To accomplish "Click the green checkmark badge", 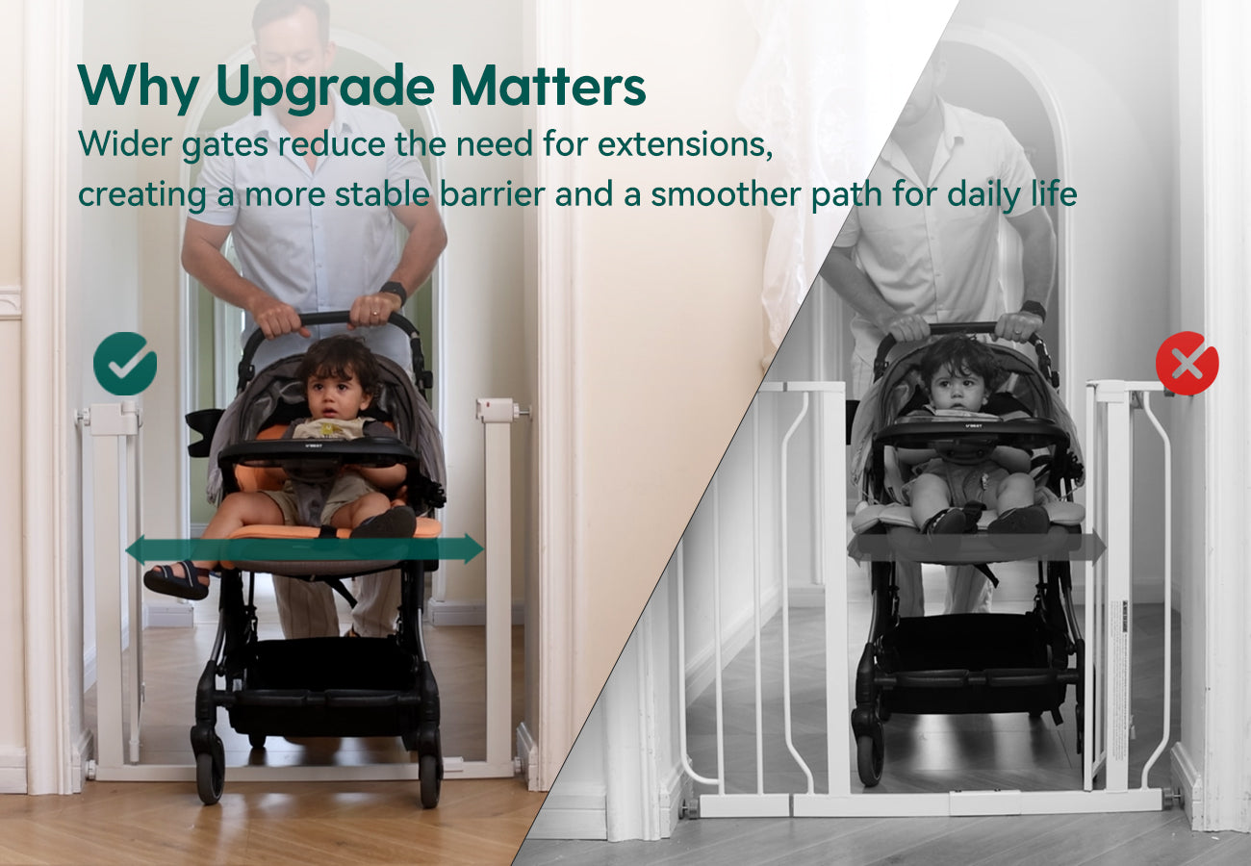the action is coord(125,364).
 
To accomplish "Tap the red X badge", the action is coord(1187,364).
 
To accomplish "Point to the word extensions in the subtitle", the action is coord(685,144).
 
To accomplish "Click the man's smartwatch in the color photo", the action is coord(394,292).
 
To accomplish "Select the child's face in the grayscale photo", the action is coord(954,386).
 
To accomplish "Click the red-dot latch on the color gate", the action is coord(496,409).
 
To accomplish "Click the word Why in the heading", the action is coord(140,86).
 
